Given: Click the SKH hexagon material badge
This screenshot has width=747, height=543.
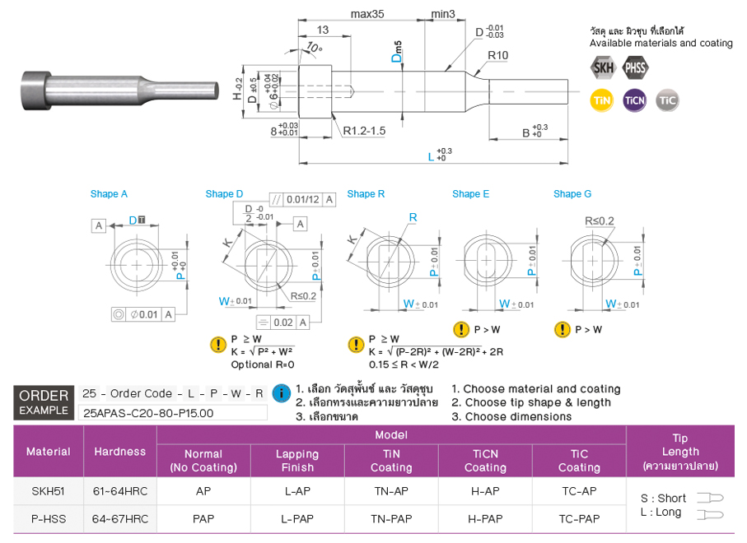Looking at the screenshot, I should click(x=603, y=67).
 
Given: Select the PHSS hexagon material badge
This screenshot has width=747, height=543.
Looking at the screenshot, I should click(x=635, y=67).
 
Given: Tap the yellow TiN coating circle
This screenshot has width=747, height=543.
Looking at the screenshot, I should click(x=603, y=100).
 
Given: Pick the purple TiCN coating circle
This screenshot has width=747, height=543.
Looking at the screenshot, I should click(x=635, y=100).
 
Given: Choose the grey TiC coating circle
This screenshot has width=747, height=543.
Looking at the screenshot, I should click(x=667, y=100).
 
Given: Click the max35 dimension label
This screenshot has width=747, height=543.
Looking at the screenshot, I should click(x=367, y=14).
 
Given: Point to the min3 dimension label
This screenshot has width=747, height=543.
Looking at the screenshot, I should click(x=443, y=14).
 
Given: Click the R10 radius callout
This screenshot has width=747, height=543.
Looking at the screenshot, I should click(x=497, y=55).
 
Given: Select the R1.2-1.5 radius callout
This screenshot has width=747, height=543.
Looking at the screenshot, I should click(x=364, y=131).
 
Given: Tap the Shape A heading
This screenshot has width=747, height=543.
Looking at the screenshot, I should click(x=109, y=194).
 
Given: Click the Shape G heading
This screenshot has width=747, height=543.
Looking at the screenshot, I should click(x=572, y=194).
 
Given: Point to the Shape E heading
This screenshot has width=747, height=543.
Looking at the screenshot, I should click(x=470, y=194).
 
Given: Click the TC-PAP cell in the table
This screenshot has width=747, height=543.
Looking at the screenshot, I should click(x=579, y=519).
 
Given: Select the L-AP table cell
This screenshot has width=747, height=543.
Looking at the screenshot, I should click(x=297, y=491).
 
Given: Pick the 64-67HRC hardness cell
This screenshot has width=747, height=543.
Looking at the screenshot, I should click(x=120, y=519).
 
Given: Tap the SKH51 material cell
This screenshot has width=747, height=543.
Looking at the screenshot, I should click(x=49, y=491).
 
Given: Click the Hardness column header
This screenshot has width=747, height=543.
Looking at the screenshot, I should click(x=120, y=452).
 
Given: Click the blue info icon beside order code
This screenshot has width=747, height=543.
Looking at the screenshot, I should click(x=281, y=392).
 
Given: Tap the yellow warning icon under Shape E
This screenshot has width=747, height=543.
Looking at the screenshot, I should click(x=460, y=330).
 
